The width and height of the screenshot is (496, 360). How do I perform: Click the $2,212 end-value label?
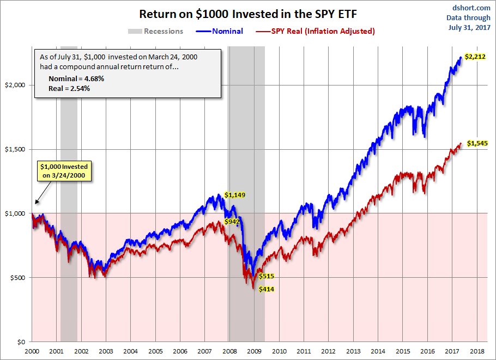pyautogui.click(x=475, y=56)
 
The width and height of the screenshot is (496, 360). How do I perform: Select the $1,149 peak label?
pyautogui.click(x=235, y=195)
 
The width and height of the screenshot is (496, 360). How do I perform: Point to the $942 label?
pyautogui.click(x=233, y=222)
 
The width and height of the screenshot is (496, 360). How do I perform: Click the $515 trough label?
pyautogui.click(x=267, y=276)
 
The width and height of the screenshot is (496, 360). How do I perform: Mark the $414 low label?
pyautogui.click(x=266, y=289)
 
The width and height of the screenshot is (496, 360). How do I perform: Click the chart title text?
pyautogui.click(x=247, y=14)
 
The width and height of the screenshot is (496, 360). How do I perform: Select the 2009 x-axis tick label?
pyautogui.click(x=254, y=352)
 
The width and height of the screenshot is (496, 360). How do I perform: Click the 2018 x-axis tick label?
pyautogui.click(x=477, y=352)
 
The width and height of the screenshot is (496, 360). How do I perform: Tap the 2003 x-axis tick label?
pyautogui.click(x=106, y=352)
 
